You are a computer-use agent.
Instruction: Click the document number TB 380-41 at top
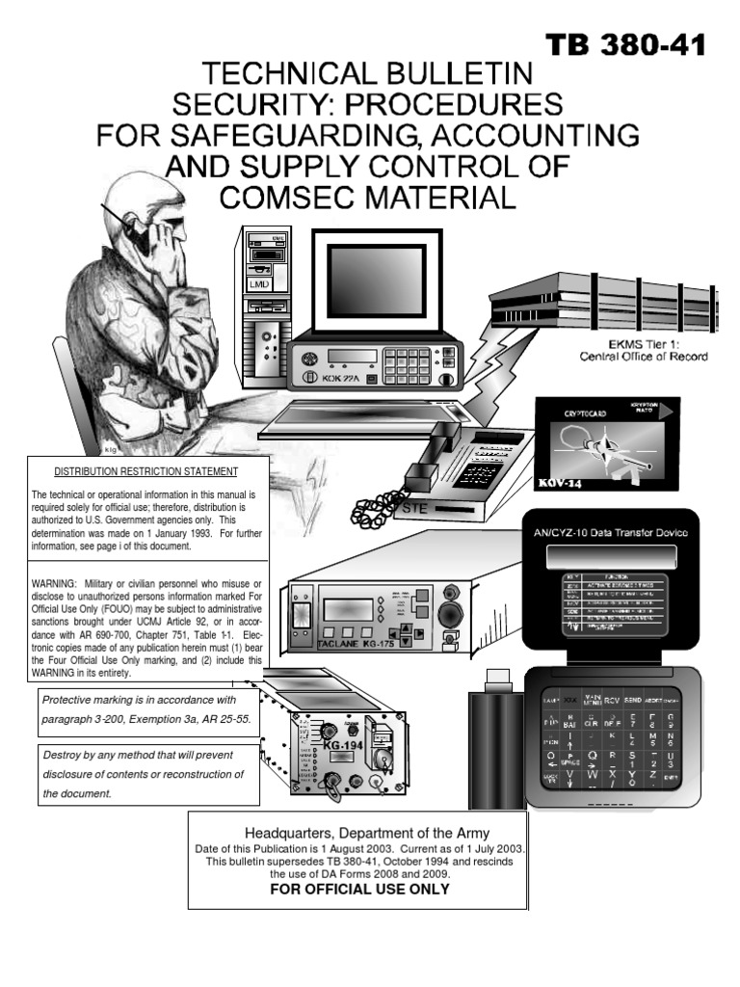pos(626,44)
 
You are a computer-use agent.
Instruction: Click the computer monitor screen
pos(375,280)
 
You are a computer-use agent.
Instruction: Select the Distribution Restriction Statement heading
pos(145,471)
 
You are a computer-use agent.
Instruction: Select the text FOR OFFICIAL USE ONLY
pos(359,889)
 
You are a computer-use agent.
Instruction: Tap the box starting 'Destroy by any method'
pos(149,775)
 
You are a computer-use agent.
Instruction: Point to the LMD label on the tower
pos(259,285)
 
